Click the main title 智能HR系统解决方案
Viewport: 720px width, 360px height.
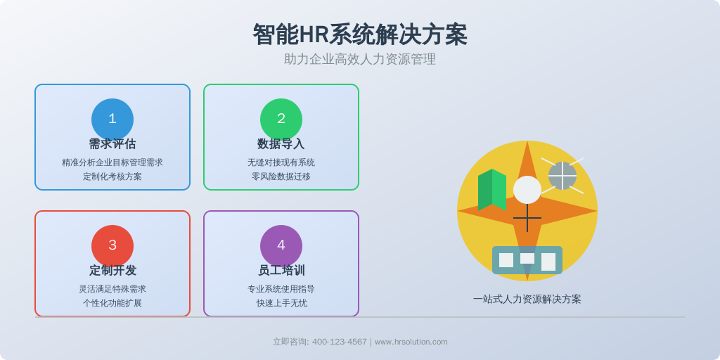click(x=360, y=34)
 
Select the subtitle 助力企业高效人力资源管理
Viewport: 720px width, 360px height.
click(x=360, y=59)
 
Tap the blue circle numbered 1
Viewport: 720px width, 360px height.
click(x=112, y=120)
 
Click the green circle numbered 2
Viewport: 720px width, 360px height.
click(x=281, y=120)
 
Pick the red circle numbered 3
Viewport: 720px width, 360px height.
click(x=112, y=246)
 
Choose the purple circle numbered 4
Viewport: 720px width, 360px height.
click(x=281, y=246)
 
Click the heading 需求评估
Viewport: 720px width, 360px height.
click(x=112, y=144)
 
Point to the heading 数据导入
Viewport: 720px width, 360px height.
click(x=281, y=144)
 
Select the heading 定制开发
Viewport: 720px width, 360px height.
click(x=112, y=271)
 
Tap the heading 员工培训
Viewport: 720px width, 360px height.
click(x=281, y=271)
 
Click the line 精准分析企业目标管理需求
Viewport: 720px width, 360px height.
click(x=112, y=162)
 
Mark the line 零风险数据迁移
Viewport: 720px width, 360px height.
click(x=281, y=176)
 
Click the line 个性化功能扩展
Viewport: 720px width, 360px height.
click(x=112, y=303)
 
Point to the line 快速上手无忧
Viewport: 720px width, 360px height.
click(x=281, y=303)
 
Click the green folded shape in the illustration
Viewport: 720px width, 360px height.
click(x=492, y=190)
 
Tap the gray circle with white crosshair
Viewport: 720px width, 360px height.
click(x=562, y=176)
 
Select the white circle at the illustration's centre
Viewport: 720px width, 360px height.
click(x=527, y=190)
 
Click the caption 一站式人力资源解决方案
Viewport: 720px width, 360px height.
click(x=527, y=300)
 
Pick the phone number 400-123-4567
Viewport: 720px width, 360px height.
click(x=340, y=342)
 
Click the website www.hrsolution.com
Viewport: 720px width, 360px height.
click(x=411, y=342)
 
